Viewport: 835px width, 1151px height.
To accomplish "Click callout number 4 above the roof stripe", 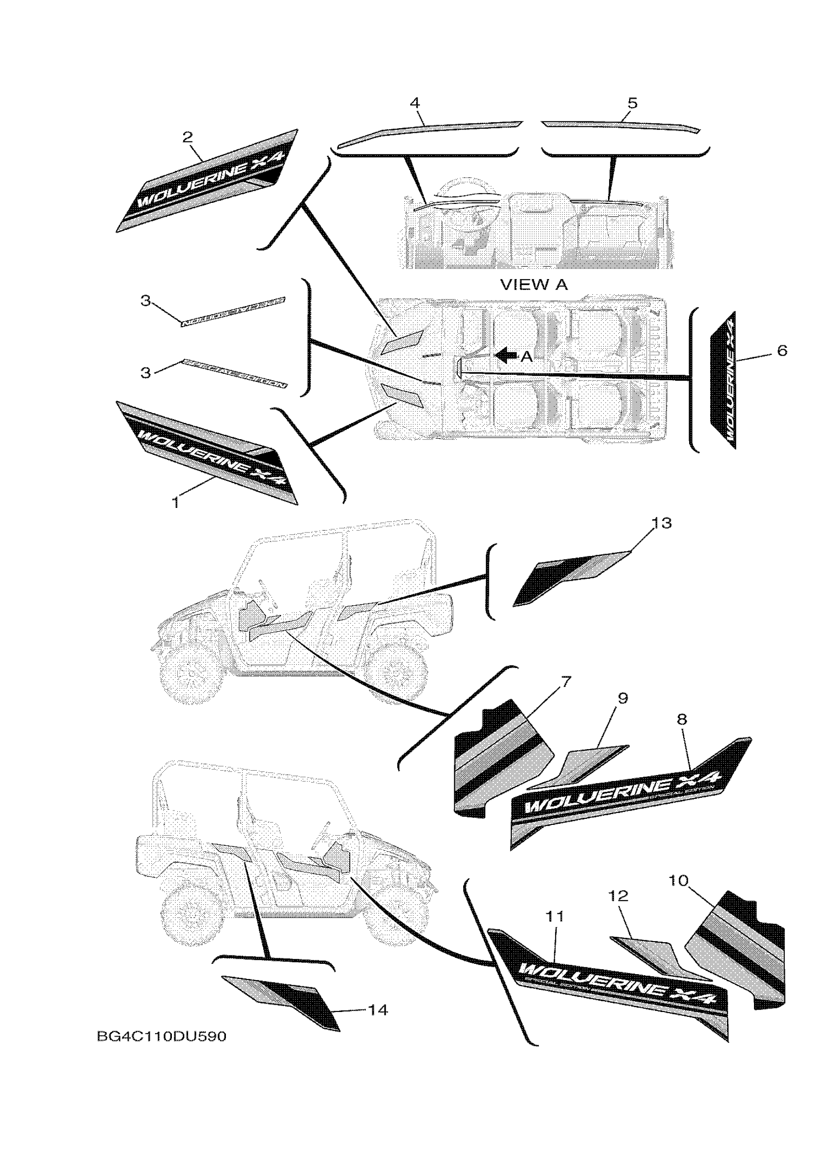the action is [415, 103].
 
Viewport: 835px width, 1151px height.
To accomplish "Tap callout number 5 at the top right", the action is [632, 103].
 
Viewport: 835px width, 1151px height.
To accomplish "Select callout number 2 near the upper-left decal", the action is [188, 137].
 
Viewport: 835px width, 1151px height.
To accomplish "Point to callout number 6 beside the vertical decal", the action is [782, 350].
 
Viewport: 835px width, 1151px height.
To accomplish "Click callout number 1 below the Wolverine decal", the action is [175, 503].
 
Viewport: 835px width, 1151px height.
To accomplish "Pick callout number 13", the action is [661, 523].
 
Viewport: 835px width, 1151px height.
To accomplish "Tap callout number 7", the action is [566, 681].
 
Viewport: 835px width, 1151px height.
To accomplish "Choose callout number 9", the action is [622, 699].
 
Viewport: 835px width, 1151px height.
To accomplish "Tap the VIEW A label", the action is [534, 285].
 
